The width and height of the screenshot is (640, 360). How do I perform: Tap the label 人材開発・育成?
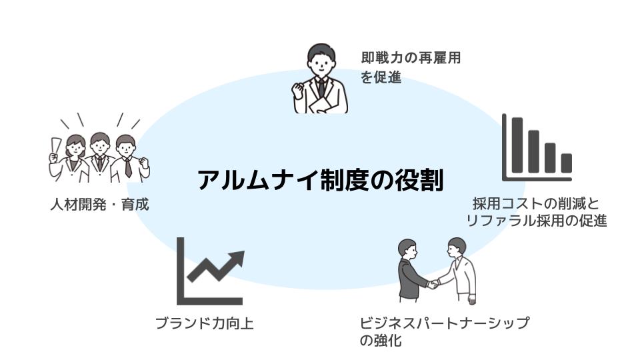pos(99,204)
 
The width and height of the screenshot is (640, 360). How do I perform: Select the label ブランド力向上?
pos(204,324)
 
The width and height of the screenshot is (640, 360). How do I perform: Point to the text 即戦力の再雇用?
pos(411,58)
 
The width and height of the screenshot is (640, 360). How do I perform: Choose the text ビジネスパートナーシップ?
pos(445,323)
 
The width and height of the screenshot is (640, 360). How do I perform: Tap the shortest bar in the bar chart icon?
pos(566,163)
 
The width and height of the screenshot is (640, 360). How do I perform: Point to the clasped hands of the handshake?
pos(433,283)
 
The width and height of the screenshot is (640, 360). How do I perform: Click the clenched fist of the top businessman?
pos(299,89)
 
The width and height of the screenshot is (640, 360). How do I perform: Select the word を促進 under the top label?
pos(381,77)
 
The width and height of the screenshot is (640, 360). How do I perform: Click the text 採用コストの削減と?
pos(537,203)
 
